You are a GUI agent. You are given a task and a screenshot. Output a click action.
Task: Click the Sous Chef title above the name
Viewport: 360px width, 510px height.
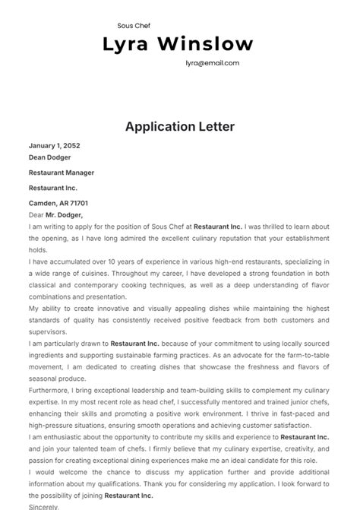coord(134,25)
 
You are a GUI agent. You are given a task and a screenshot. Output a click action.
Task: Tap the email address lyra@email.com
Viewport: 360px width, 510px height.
coord(212,64)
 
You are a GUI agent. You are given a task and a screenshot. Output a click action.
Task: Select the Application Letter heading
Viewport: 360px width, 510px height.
coord(180,126)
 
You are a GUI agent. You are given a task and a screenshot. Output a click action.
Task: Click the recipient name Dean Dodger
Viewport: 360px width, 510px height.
coord(49,157)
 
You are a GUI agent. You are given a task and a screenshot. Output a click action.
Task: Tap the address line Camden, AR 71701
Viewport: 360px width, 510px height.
coord(58,203)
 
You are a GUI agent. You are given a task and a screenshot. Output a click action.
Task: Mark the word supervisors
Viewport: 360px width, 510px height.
coord(49,332)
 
